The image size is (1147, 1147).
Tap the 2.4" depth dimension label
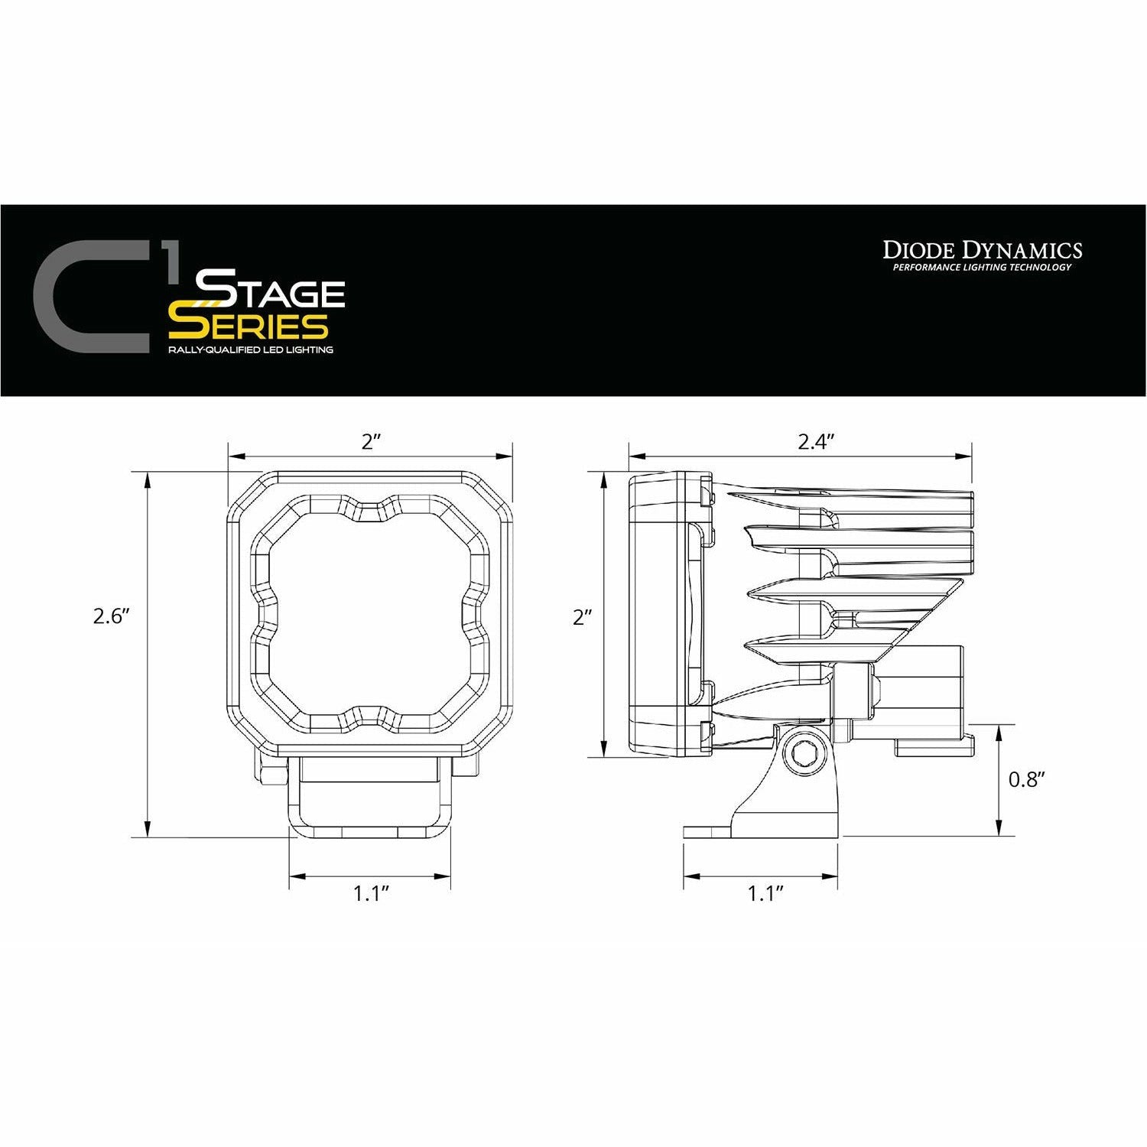[x=814, y=442]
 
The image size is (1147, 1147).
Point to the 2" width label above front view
[x=372, y=442]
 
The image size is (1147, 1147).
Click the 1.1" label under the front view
[x=372, y=894]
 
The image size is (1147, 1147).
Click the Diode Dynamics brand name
[x=983, y=250]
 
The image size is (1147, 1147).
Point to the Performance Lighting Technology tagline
[x=983, y=268]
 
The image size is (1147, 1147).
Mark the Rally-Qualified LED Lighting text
[x=251, y=350]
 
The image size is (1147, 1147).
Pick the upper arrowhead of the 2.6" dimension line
[x=145, y=477]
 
